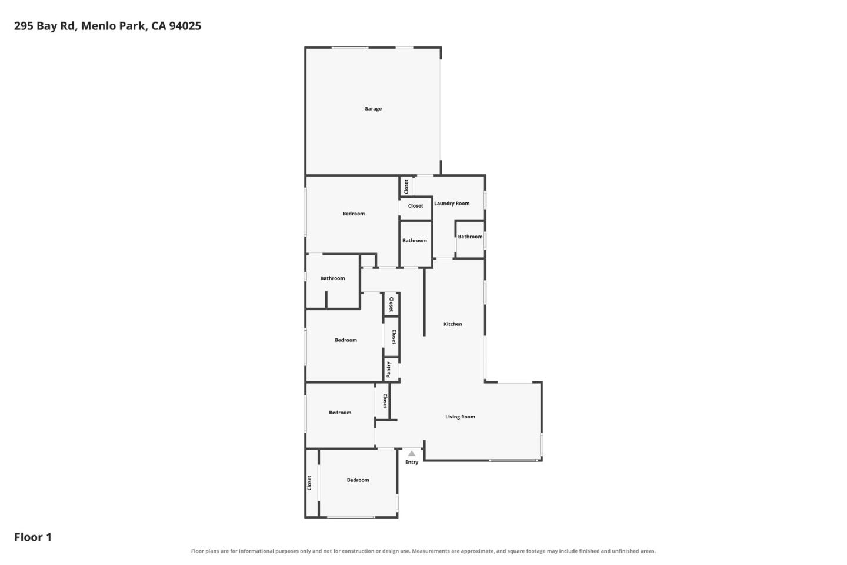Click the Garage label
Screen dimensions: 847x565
click(373, 109)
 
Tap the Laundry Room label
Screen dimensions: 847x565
click(452, 204)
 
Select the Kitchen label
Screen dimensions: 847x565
click(453, 324)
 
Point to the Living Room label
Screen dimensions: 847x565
click(460, 417)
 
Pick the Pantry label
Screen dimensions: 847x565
click(388, 370)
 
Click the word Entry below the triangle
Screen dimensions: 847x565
click(412, 462)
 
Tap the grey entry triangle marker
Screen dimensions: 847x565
click(412, 453)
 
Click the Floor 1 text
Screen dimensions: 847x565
click(33, 537)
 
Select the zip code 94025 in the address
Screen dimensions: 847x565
click(185, 26)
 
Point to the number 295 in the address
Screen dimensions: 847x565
click(24, 26)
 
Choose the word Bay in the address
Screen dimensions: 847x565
click(46, 26)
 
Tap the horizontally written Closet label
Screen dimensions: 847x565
click(415, 206)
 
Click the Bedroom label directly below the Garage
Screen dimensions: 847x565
click(354, 214)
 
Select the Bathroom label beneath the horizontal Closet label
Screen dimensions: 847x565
click(415, 241)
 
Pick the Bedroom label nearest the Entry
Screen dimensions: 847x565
click(358, 480)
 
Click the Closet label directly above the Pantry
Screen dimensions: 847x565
click(394, 337)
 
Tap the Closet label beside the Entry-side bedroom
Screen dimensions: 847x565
click(309, 483)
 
